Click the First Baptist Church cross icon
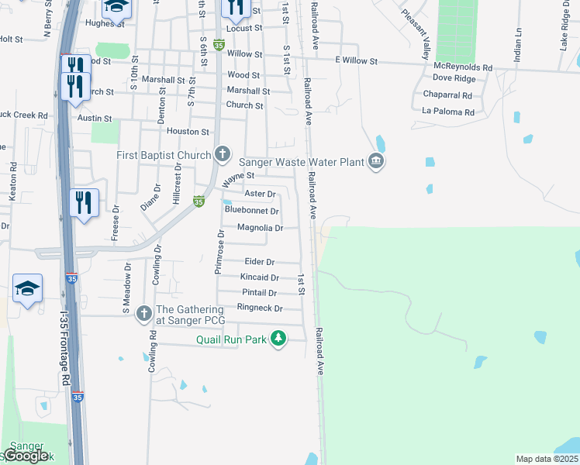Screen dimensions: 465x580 223,153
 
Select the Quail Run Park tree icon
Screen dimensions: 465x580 278,339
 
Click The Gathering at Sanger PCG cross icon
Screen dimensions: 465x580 143,314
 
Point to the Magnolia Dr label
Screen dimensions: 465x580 260,228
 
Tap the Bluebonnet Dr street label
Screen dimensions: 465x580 251,210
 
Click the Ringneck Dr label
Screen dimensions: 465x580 259,308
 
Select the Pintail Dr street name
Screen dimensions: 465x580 260,293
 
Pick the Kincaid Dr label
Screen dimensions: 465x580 260,277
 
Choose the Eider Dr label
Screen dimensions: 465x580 260,263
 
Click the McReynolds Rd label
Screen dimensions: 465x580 464,67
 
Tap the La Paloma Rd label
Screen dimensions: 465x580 448,112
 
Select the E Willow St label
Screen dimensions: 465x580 356,60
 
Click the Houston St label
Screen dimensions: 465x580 188,133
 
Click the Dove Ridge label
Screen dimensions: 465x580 454,78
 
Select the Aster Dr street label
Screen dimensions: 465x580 260,194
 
